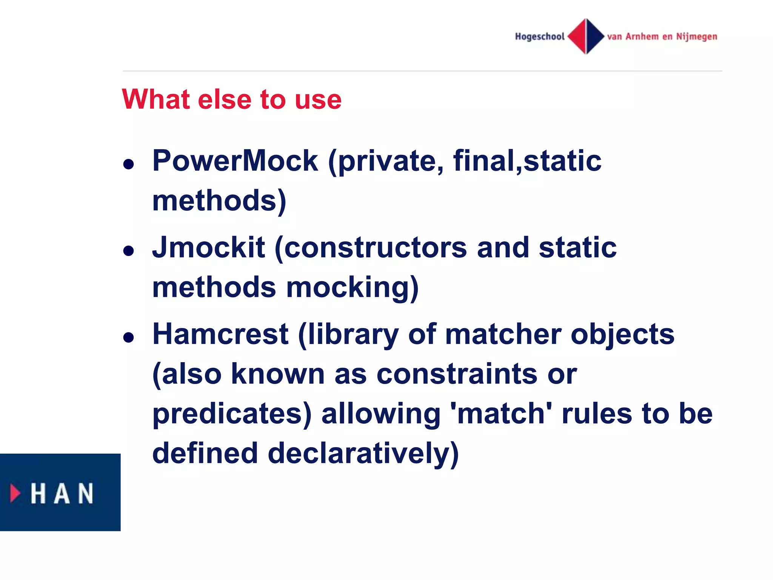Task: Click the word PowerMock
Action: pyautogui.click(x=235, y=161)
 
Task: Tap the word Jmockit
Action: pyautogui.click(x=208, y=248)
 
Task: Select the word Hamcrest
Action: pyautogui.click(x=220, y=335)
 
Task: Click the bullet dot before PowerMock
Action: pyautogui.click(x=129, y=164)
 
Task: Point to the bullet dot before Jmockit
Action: pyautogui.click(x=129, y=251)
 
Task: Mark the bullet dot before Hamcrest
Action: pyautogui.click(x=129, y=337)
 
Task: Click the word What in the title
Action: pyautogui.click(x=156, y=99)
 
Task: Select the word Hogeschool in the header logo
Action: pyautogui.click(x=539, y=37)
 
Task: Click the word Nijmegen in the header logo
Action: pyautogui.click(x=696, y=37)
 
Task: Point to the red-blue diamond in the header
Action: pyautogui.click(x=586, y=36)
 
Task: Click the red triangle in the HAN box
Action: pyautogui.click(x=15, y=493)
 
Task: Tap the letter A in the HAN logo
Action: pyautogui.click(x=62, y=494)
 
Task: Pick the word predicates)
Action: pyautogui.click(x=232, y=414)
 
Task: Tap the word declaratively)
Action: pyautogui.click(x=363, y=454)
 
